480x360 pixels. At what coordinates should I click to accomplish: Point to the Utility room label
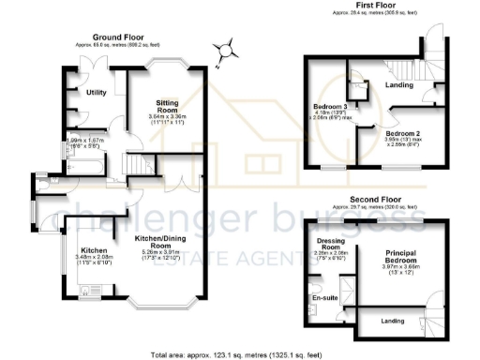tap(97, 93)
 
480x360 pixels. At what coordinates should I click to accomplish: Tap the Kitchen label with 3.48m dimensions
tap(93, 250)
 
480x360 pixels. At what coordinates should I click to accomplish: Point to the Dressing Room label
tap(331, 246)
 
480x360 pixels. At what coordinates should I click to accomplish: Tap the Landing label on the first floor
tap(401, 86)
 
